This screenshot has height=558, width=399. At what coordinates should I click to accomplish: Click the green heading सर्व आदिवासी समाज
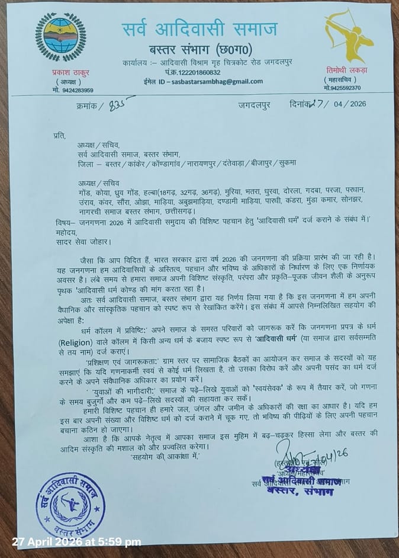pyautogui.click(x=199, y=29)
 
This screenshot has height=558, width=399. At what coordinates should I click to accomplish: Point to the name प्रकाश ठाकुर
pyautogui.click(x=62, y=72)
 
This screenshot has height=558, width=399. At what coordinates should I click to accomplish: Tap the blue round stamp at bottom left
pyautogui.click(x=70, y=502)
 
